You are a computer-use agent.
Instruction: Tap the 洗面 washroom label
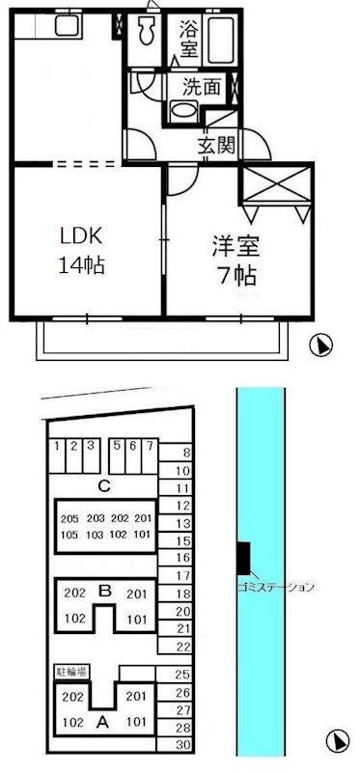coord(204,86)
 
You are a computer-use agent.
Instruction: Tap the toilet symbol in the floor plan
coord(148,34)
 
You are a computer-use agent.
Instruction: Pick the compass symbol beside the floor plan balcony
coord(321,345)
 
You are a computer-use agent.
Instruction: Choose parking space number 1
coord(58,446)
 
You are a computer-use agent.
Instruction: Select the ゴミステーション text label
coord(275,587)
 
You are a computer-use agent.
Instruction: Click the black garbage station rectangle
coord(242,557)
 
